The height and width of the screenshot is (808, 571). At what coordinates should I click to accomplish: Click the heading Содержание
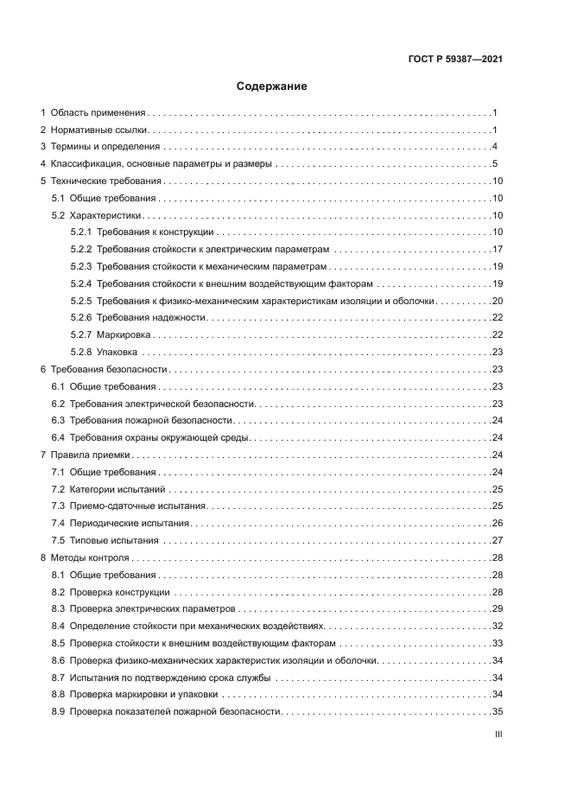(271, 86)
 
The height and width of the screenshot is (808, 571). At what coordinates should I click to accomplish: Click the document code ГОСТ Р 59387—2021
(455, 60)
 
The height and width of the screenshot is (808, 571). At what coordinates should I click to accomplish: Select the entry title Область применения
(98, 113)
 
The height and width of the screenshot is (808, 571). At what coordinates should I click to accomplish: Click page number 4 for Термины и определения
(494, 147)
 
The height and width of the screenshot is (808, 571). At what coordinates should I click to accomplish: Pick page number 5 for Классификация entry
(494, 164)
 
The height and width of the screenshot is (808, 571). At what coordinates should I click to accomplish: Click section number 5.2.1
(81, 232)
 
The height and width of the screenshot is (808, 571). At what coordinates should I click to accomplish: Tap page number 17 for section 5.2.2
(498, 250)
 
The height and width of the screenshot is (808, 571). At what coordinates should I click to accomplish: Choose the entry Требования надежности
(151, 318)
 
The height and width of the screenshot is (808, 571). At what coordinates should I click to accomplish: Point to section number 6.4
(59, 437)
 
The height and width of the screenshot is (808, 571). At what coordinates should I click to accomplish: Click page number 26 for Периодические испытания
(498, 523)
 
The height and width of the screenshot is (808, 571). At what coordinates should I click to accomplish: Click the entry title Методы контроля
(89, 557)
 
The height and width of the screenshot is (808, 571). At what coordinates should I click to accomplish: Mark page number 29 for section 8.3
(498, 609)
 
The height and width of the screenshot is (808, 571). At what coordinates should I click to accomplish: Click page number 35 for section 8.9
(498, 711)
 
